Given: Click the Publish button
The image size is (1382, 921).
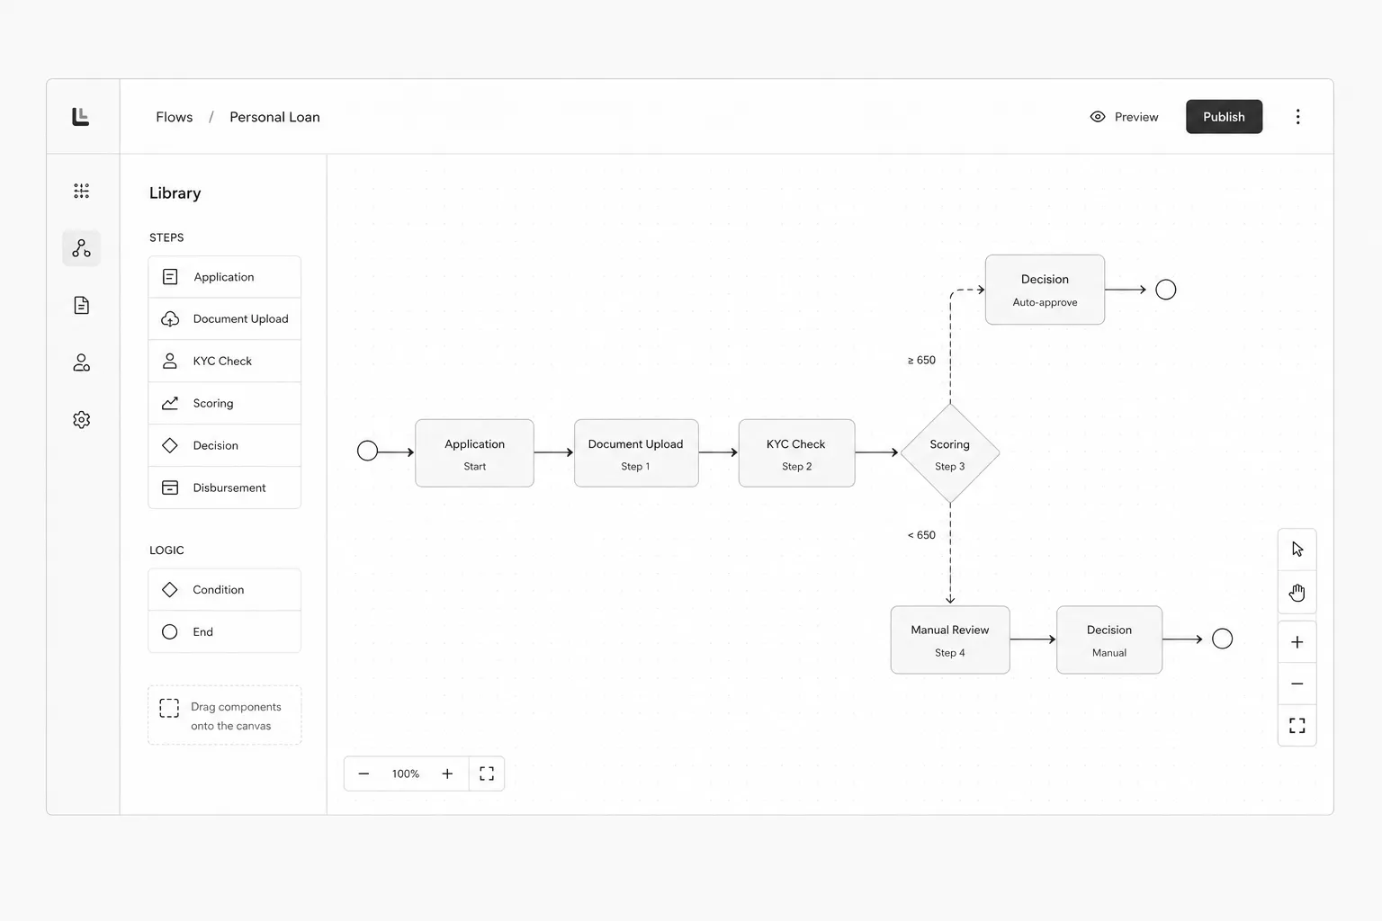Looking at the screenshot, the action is [1224, 117].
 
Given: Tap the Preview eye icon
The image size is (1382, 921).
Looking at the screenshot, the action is [1098, 117].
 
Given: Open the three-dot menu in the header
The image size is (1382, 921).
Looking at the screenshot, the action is [1297, 117].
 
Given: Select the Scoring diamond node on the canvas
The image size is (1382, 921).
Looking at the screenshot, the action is [949, 453].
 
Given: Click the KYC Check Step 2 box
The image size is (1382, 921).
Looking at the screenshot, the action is [796, 453].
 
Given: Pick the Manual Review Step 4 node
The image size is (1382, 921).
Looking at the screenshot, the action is [950, 639].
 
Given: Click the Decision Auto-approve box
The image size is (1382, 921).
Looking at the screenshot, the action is [1045, 290].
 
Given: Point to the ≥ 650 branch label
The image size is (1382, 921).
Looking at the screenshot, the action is [921, 361].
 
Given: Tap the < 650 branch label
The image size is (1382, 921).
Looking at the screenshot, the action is [921, 535].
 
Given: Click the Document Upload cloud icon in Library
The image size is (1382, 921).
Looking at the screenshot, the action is [170, 319].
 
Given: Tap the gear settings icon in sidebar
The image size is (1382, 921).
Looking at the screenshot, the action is [82, 419].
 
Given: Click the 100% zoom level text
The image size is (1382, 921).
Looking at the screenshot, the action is [406, 773].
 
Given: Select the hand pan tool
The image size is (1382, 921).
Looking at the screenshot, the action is [1297, 592].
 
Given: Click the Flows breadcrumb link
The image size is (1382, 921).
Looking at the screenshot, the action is [174, 117].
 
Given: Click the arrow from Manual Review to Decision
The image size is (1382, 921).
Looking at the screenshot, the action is [1033, 639].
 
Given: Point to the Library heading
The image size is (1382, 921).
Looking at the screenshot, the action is [175, 193].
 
